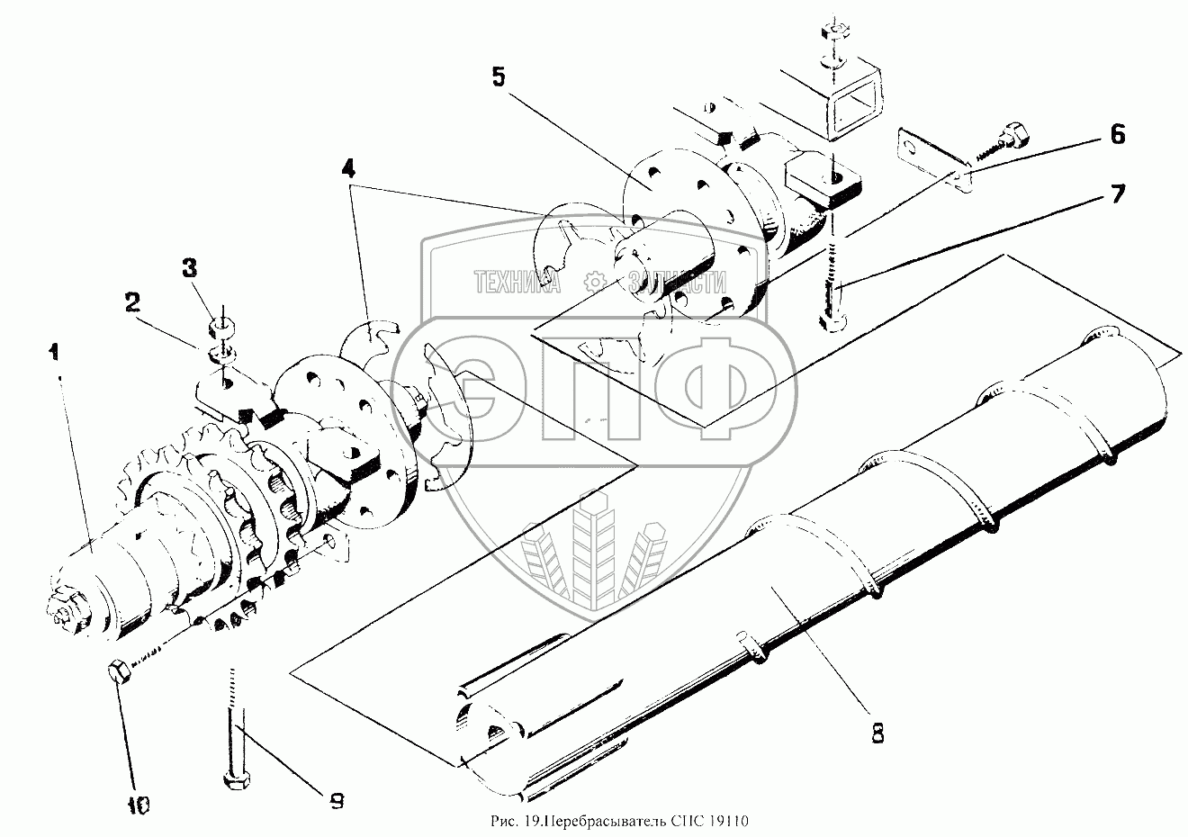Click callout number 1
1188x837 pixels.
click(x=57, y=351)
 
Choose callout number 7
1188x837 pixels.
click(x=1116, y=193)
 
